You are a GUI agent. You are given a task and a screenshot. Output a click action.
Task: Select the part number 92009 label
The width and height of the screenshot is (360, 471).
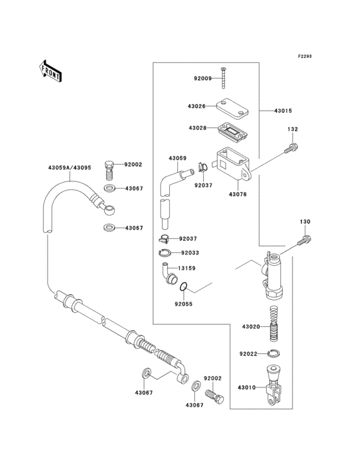tap(203, 79)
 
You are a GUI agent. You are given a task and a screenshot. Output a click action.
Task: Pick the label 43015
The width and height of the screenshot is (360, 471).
tap(283, 111)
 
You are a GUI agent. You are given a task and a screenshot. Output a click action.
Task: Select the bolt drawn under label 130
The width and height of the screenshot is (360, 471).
tap(303, 241)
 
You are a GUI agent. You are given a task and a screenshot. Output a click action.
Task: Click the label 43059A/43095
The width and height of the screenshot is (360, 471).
tap(69, 169)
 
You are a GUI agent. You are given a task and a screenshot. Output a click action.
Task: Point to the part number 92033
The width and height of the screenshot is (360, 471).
tap(190, 253)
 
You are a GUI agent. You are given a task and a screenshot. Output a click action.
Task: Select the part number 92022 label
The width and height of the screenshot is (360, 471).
tap(248, 354)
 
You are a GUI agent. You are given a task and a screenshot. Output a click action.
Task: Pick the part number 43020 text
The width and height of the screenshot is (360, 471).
tap(251, 327)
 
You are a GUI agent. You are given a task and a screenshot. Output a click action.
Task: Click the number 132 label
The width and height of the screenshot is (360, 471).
tap(292, 129)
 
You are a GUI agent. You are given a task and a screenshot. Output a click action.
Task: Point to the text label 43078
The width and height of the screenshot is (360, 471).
tap(238, 194)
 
